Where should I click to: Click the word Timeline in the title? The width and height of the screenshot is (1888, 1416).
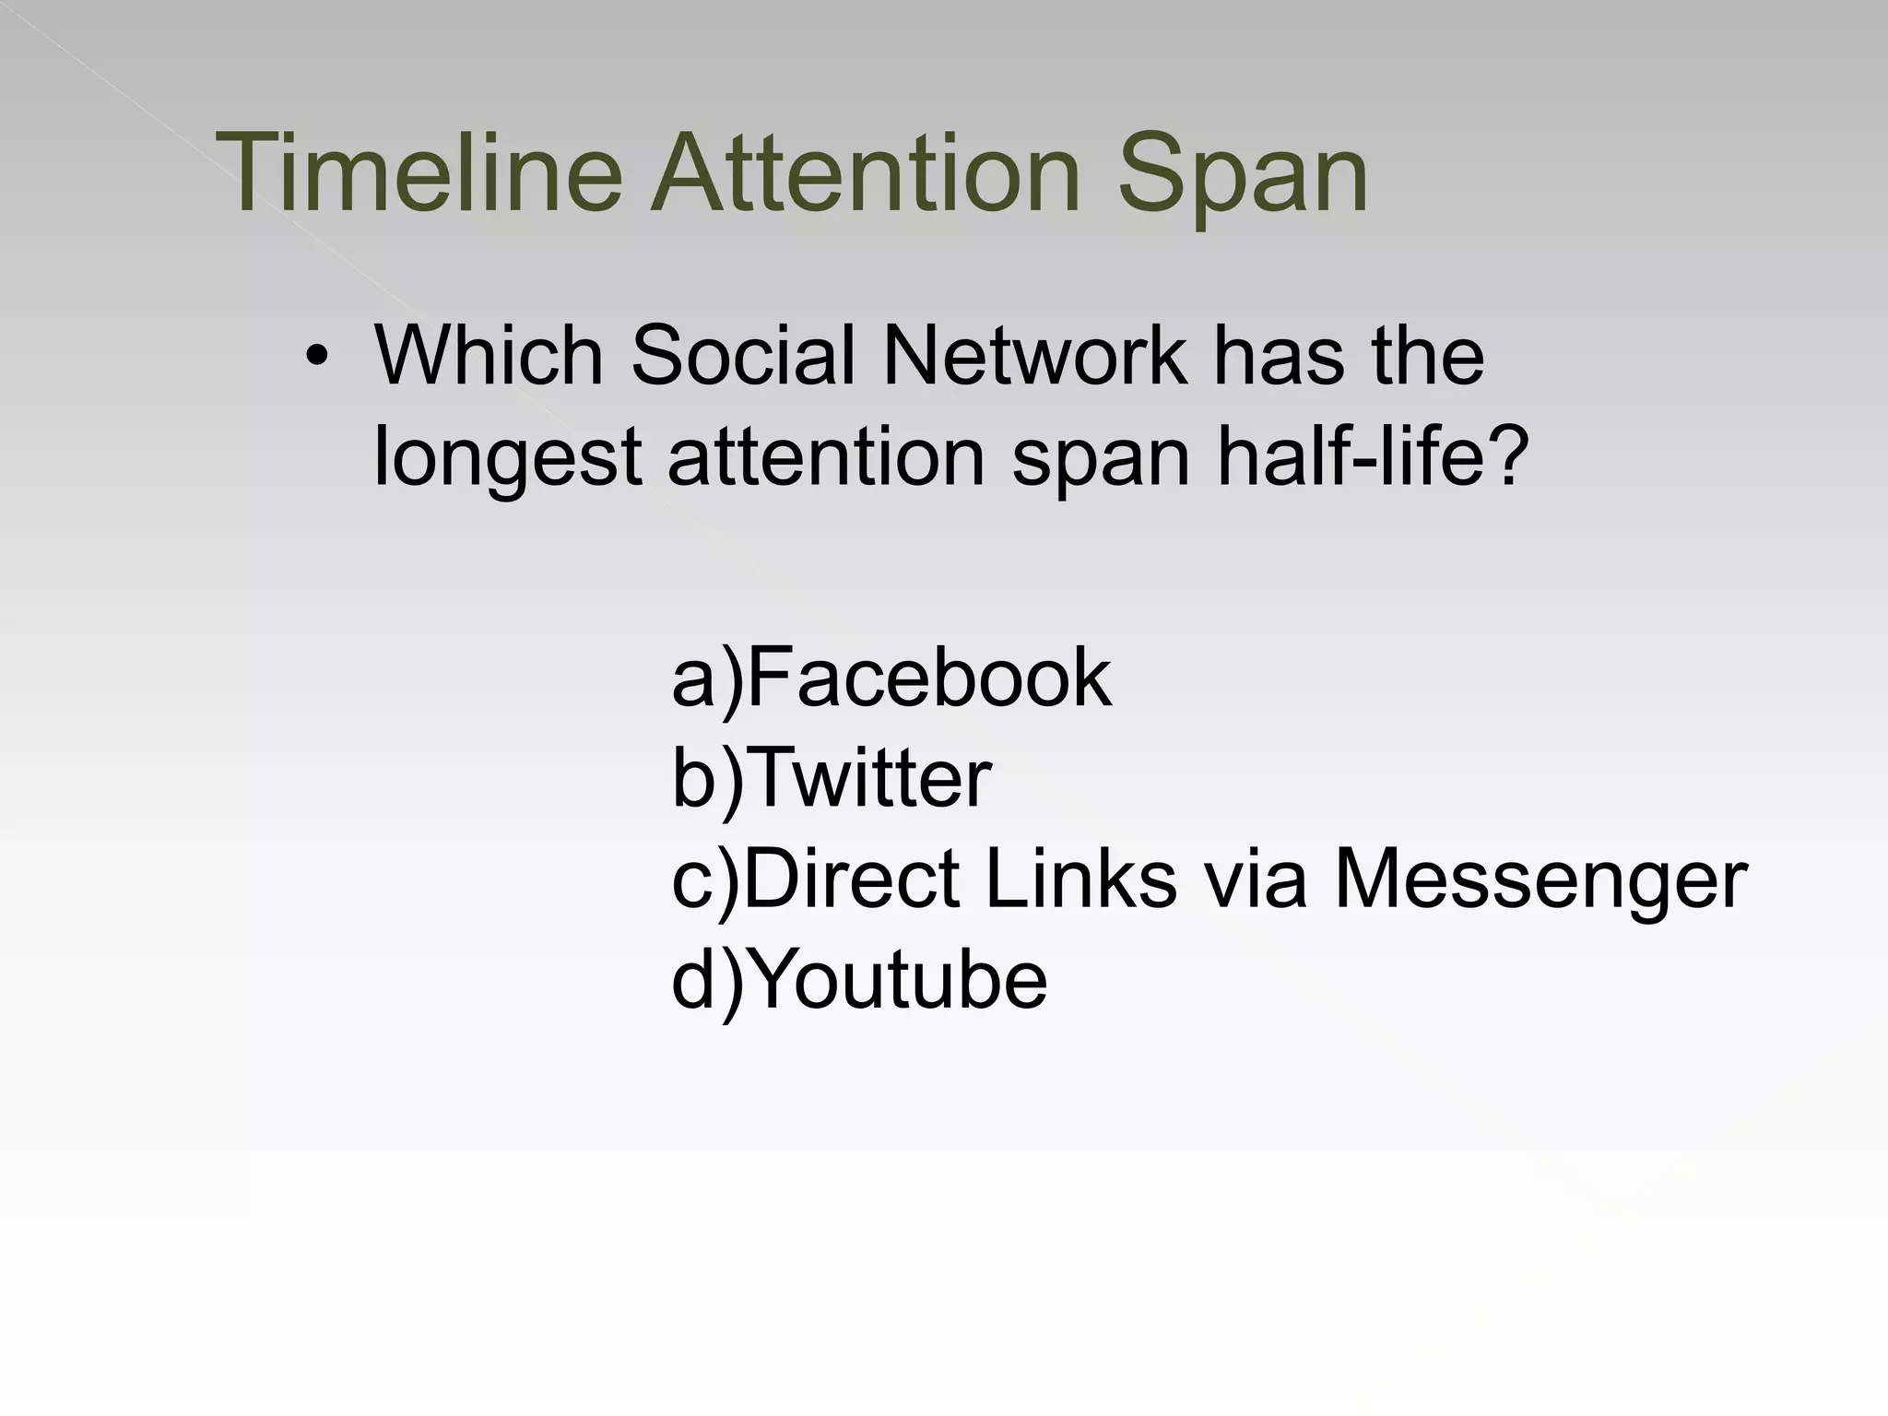[x=419, y=173]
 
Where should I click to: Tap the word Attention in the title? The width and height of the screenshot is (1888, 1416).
[x=865, y=173]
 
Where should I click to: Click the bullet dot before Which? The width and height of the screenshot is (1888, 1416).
[x=317, y=358]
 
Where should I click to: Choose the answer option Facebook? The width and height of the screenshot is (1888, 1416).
[x=927, y=678]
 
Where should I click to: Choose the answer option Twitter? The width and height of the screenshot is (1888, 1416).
[x=871, y=778]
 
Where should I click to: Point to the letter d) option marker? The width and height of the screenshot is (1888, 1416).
[x=706, y=981]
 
